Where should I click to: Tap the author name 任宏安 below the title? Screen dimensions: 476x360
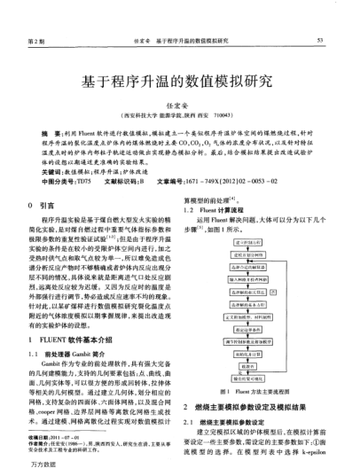(x=179, y=104)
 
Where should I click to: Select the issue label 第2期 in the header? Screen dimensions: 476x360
(x=36, y=42)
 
